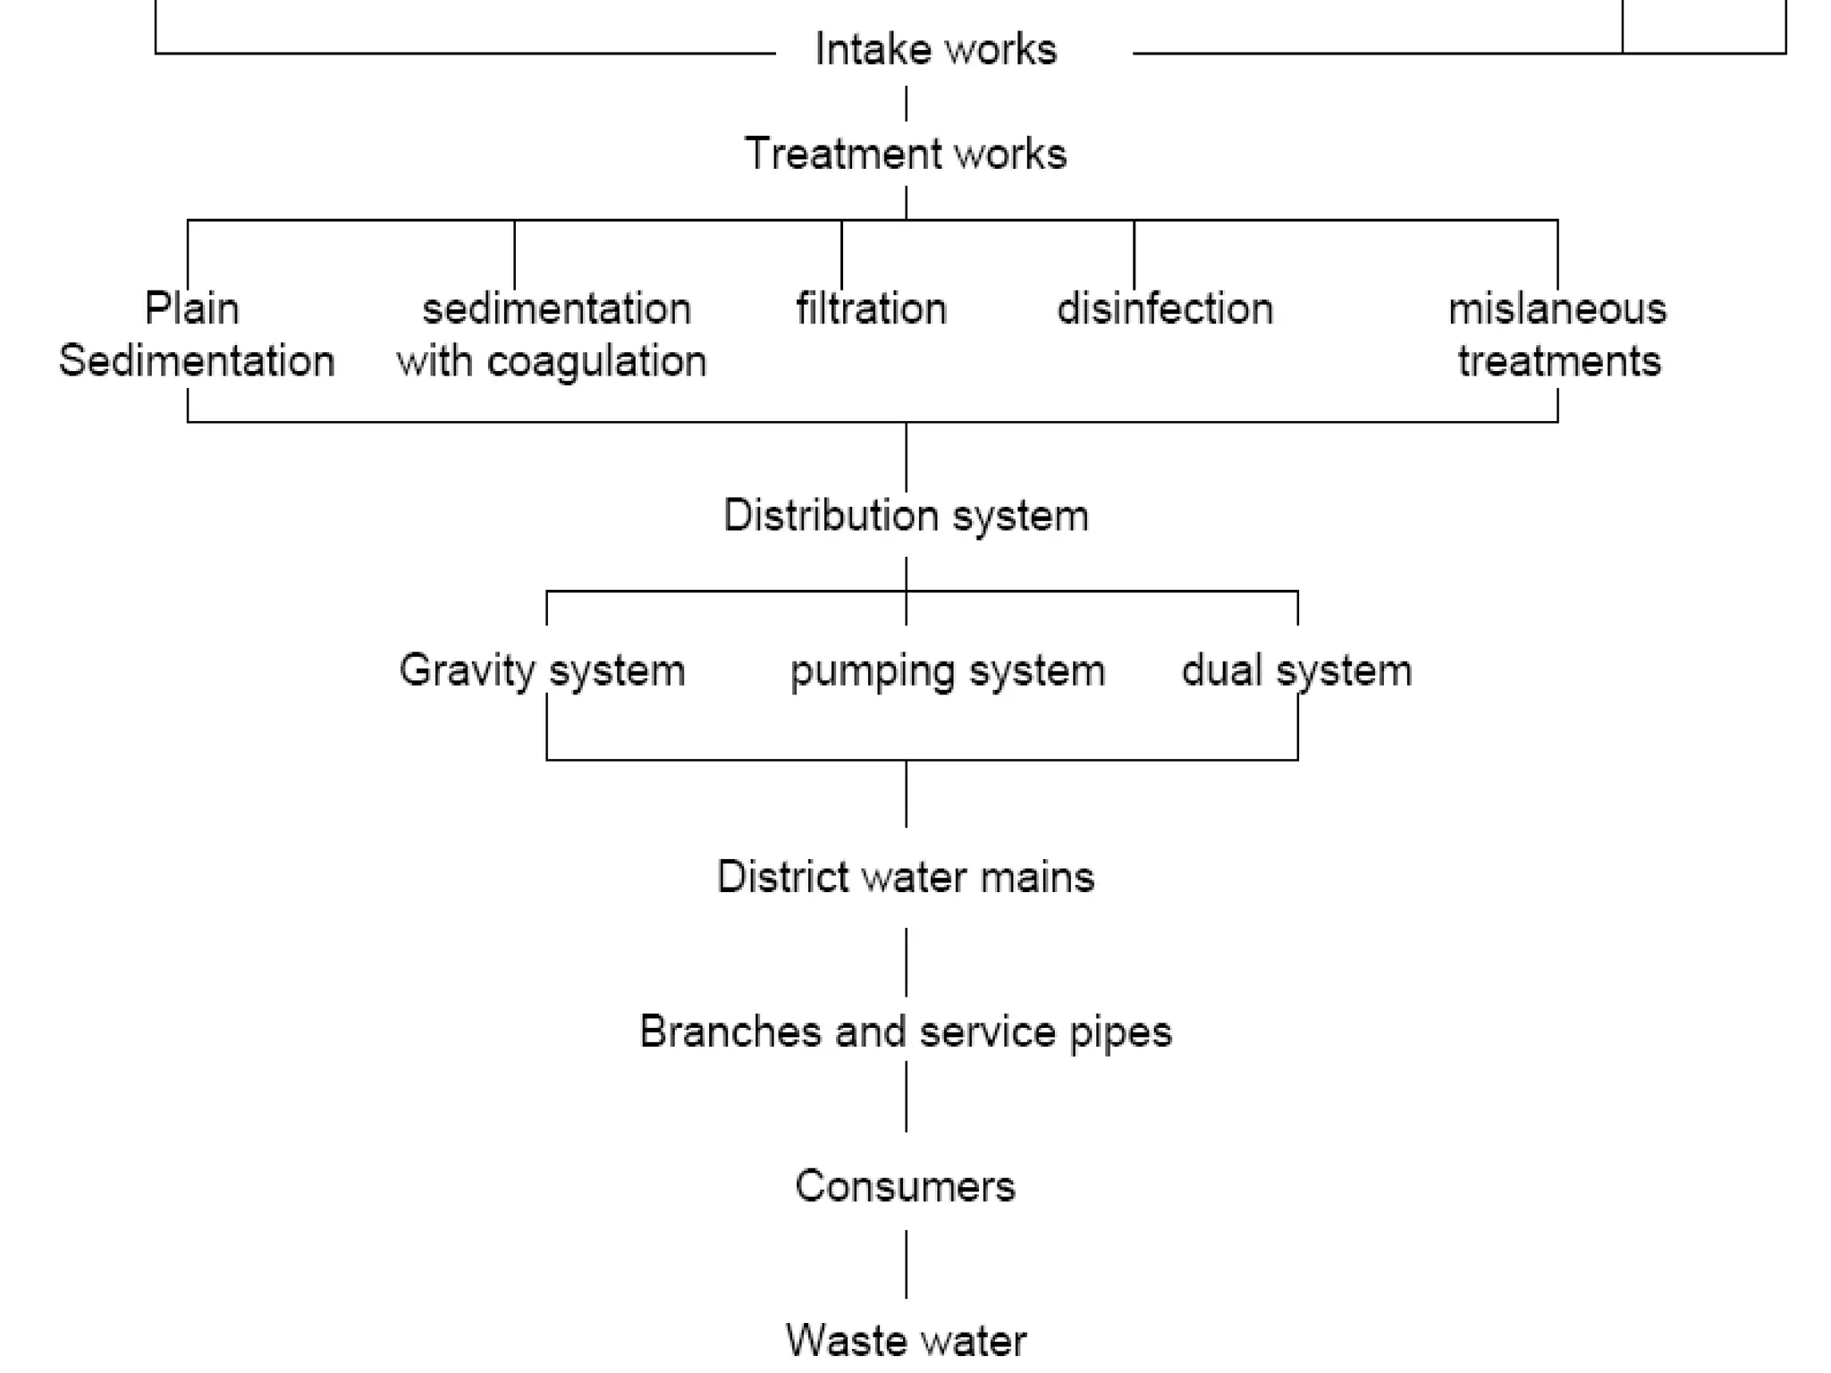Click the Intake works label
click(935, 49)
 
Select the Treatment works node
click(906, 154)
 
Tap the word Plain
click(191, 309)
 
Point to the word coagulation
click(596, 363)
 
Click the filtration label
click(871, 309)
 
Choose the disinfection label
click(1164, 309)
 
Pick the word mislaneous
click(1557, 309)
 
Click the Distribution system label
click(906, 516)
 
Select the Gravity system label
click(542, 670)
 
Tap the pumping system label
click(947, 671)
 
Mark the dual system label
click(1296, 670)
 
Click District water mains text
click(905, 877)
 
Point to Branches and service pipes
click(905, 1032)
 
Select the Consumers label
click(905, 1186)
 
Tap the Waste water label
click(905, 1340)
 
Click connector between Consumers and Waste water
click(906, 1264)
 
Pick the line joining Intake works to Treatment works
click(906, 104)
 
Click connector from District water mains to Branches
click(906, 962)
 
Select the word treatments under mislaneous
click(1558, 362)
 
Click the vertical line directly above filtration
click(841, 255)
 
